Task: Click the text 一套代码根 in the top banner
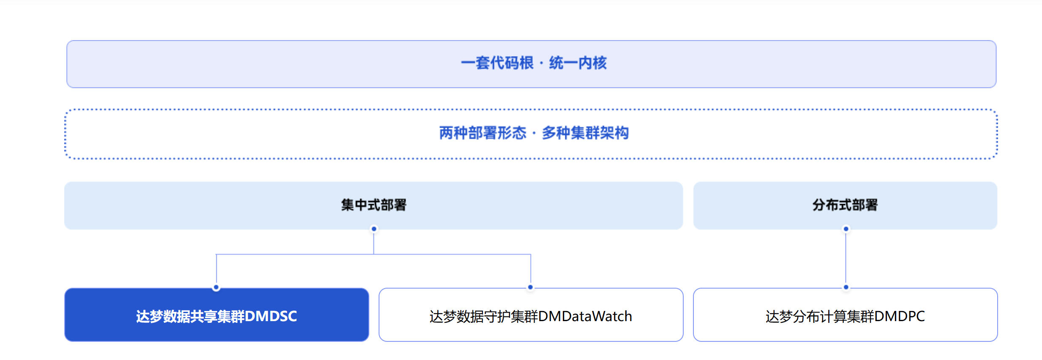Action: pos(497,63)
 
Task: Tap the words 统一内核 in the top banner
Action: pos(578,63)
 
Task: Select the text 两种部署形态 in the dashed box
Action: pos(483,133)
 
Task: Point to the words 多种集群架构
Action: pos(585,133)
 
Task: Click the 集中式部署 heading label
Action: pos(374,205)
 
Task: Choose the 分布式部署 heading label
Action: pos(845,205)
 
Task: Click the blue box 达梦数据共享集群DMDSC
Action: pos(217,315)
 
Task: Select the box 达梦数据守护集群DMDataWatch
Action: pos(531,315)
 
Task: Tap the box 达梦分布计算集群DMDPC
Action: pos(845,315)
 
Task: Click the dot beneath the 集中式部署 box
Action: pos(374,229)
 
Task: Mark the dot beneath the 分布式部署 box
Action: pos(846,229)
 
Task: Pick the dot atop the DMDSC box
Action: pos(216,287)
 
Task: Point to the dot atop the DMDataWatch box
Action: pos(530,287)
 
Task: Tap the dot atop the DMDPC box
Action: pos(846,287)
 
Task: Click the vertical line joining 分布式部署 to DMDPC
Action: pos(846,258)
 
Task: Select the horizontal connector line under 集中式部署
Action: pos(374,254)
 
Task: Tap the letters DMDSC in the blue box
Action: pos(271,316)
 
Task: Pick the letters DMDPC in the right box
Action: pos(900,316)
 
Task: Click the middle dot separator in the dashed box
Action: pos(534,134)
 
